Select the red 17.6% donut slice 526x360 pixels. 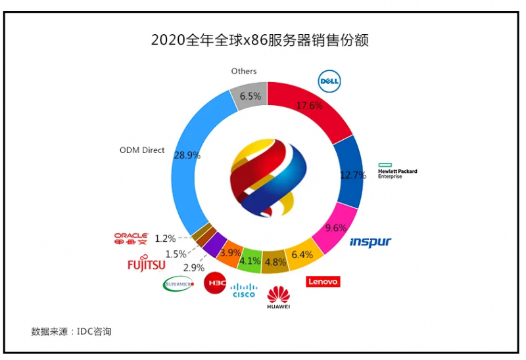(309, 108)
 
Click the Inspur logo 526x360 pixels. (370, 242)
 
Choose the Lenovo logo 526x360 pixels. (323, 281)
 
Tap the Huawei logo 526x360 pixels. (279, 297)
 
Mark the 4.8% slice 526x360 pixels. (275, 261)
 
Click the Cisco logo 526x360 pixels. (244, 290)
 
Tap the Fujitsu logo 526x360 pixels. (146, 263)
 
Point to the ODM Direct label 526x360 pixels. (142, 150)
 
